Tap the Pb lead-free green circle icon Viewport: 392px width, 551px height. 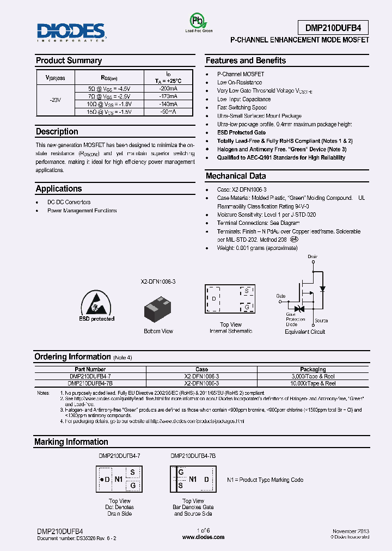195,21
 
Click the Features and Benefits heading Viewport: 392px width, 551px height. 245,60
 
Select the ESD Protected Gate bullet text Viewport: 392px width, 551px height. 241,132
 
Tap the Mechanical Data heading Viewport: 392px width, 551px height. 236,176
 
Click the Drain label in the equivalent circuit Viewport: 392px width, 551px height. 312,256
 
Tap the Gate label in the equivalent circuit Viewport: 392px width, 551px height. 280,296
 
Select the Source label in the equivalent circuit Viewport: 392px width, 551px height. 321,321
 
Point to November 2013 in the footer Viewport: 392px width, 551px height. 350,530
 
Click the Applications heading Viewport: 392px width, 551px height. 59,188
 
